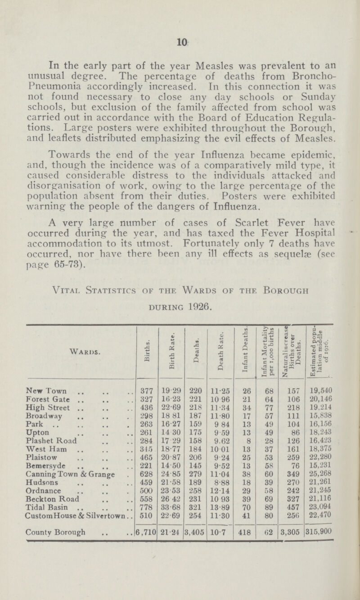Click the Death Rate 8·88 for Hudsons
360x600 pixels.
212,452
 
